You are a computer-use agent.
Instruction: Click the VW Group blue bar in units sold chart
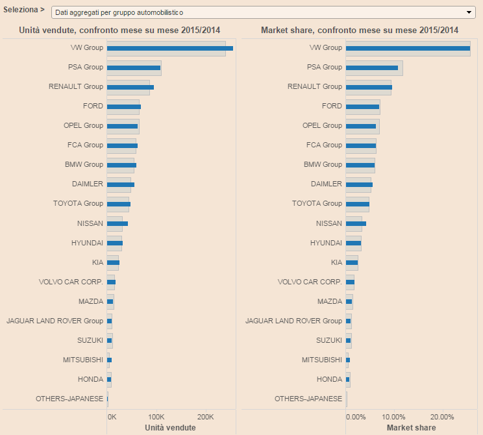(x=169, y=48)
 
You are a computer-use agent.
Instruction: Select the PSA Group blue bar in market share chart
(x=371, y=68)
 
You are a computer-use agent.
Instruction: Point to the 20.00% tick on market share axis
(x=442, y=417)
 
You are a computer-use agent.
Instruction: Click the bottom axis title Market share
(x=412, y=428)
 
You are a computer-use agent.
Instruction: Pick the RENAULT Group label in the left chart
(x=76, y=86)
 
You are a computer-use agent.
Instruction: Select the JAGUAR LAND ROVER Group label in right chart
(x=293, y=321)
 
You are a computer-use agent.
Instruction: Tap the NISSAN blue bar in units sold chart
(x=118, y=223)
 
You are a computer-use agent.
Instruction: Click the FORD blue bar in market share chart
(x=362, y=106)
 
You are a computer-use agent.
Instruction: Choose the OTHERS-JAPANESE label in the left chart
(x=69, y=399)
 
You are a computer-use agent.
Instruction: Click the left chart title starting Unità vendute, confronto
(x=119, y=31)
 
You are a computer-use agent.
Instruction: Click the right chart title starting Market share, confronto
(x=360, y=31)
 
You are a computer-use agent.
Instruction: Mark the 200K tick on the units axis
(x=205, y=417)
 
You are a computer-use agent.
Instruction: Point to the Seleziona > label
(x=24, y=10)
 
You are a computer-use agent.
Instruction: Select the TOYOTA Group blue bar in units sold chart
(x=119, y=204)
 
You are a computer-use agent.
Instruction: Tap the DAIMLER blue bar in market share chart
(x=359, y=184)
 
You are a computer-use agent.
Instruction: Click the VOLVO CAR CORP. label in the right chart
(x=310, y=282)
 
